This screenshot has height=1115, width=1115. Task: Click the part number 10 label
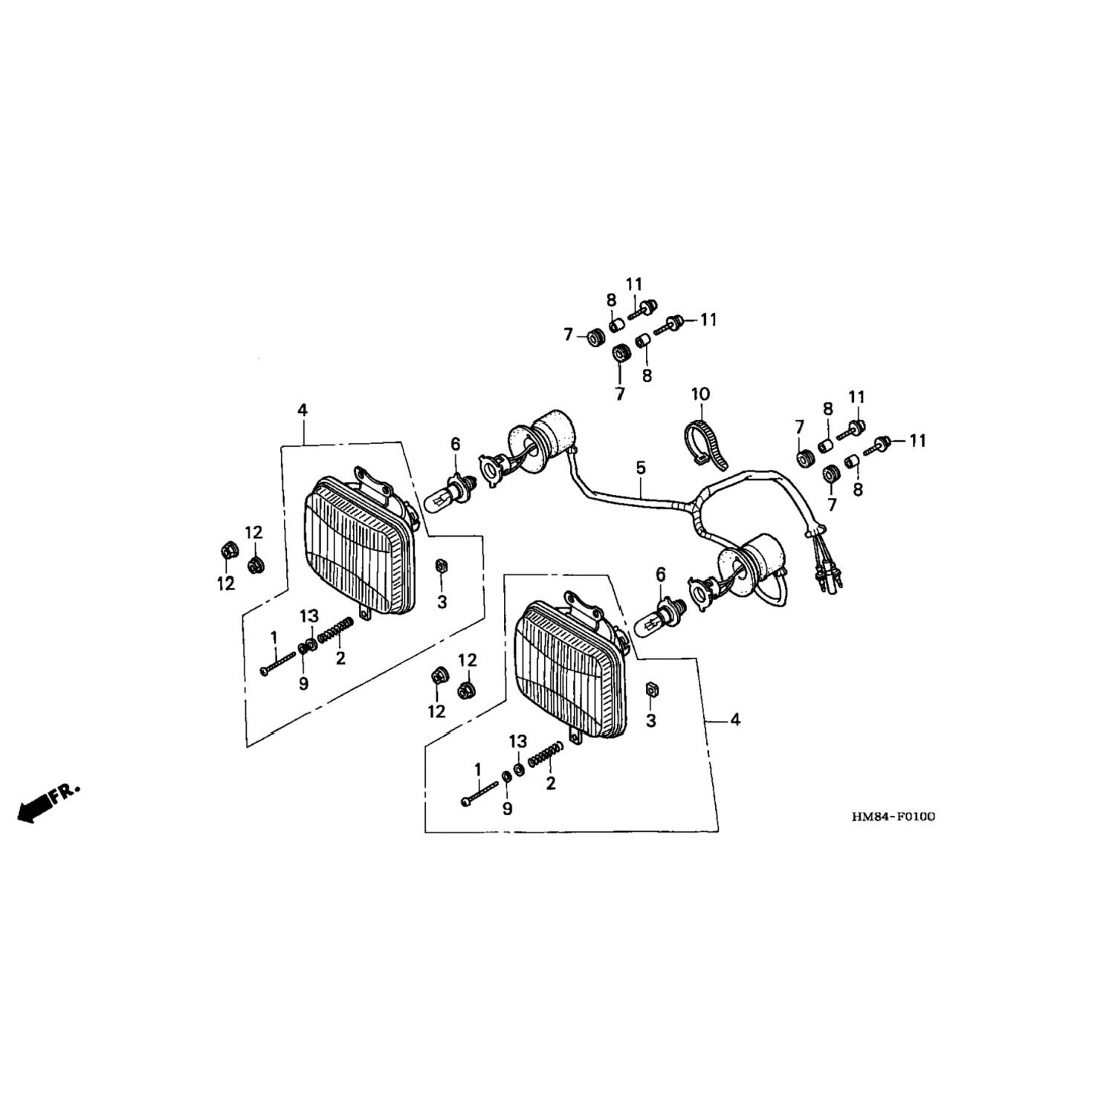(700, 394)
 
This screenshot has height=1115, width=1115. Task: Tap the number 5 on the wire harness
(641, 468)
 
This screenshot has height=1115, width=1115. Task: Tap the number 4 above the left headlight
(303, 410)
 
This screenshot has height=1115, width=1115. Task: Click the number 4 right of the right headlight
(736, 720)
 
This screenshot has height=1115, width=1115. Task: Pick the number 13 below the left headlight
(309, 615)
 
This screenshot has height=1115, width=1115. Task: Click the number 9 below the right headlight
(507, 809)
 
